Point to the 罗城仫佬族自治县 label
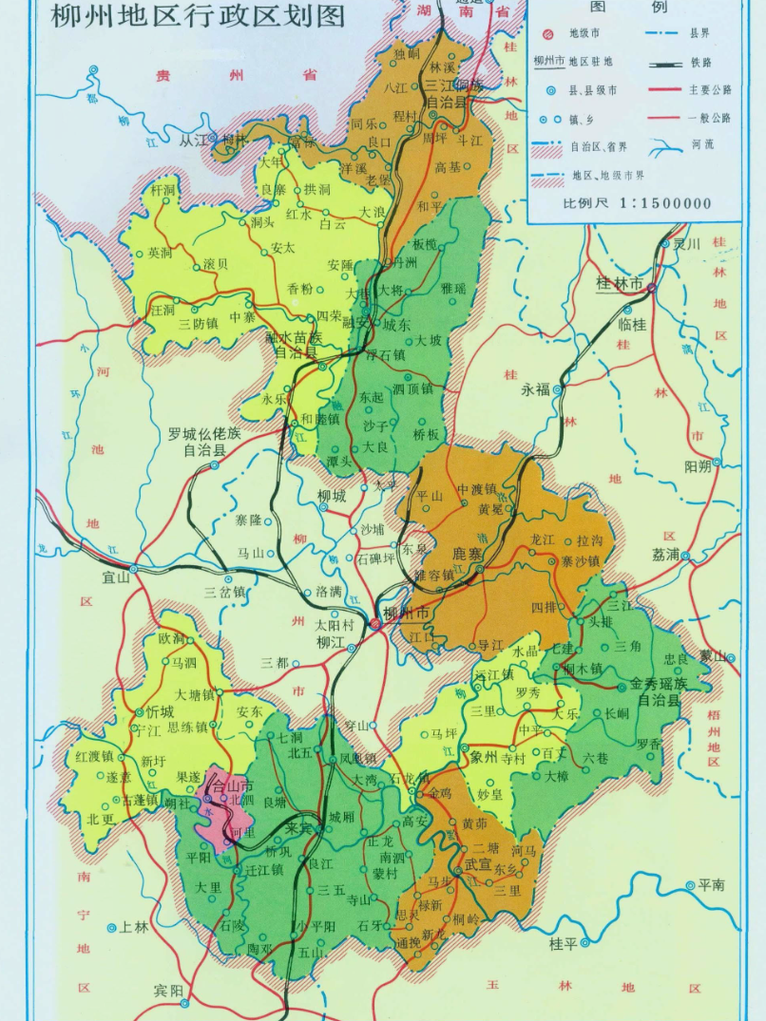(x=204, y=442)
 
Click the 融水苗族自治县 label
(x=298, y=345)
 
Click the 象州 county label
(x=484, y=756)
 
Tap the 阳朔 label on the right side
(x=697, y=465)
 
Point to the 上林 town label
(x=133, y=927)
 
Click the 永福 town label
(x=535, y=389)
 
